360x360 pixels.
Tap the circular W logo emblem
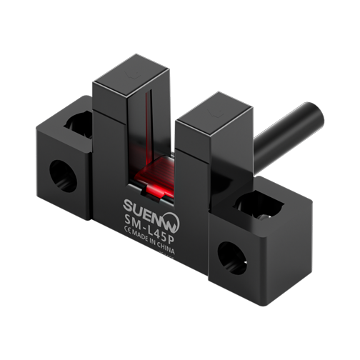tap(171, 223)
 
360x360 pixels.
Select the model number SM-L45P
tap(149, 230)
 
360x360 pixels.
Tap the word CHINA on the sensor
tap(166, 247)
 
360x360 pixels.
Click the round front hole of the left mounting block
tap(63, 176)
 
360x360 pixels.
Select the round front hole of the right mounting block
tap(232, 258)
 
